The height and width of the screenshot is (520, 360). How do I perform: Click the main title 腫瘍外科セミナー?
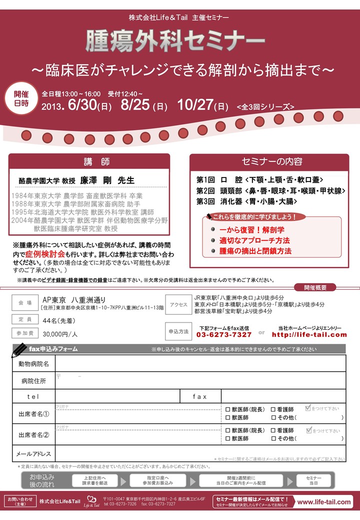click(175, 42)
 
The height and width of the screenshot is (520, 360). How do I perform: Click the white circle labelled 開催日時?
click(21, 97)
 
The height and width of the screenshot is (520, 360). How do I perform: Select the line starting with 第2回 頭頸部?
click(270, 190)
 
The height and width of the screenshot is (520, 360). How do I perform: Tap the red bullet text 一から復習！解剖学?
click(252, 230)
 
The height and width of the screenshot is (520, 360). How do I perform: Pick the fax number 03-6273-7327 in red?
click(223, 334)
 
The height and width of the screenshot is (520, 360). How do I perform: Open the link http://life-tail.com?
click(309, 334)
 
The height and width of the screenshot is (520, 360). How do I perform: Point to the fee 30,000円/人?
click(60, 333)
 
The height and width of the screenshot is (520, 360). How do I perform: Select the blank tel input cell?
click(117, 396)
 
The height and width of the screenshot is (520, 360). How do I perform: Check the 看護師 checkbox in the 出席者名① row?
click(273, 409)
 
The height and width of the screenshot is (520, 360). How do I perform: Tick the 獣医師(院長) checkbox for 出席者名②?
click(228, 430)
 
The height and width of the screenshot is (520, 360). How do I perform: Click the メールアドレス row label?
click(34, 454)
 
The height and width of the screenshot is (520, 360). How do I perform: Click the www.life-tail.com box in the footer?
click(324, 501)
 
